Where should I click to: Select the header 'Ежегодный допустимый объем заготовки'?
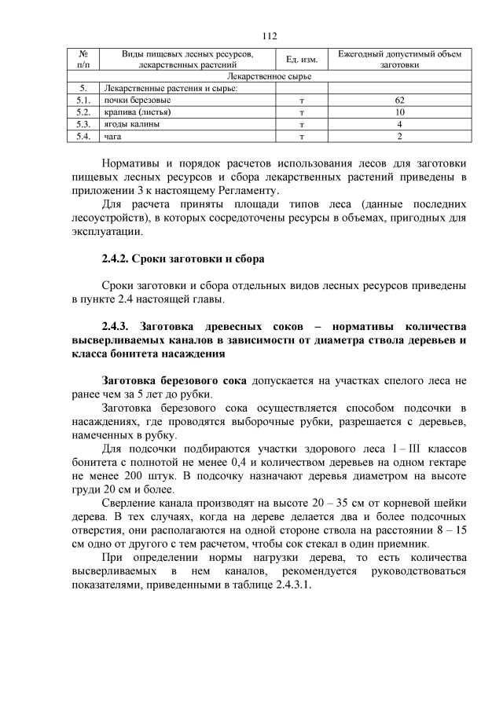coord(400,60)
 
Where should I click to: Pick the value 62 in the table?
coord(400,101)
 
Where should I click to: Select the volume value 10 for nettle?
coord(400,113)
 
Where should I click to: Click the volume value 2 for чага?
coord(400,137)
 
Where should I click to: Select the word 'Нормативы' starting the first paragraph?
coord(134,163)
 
